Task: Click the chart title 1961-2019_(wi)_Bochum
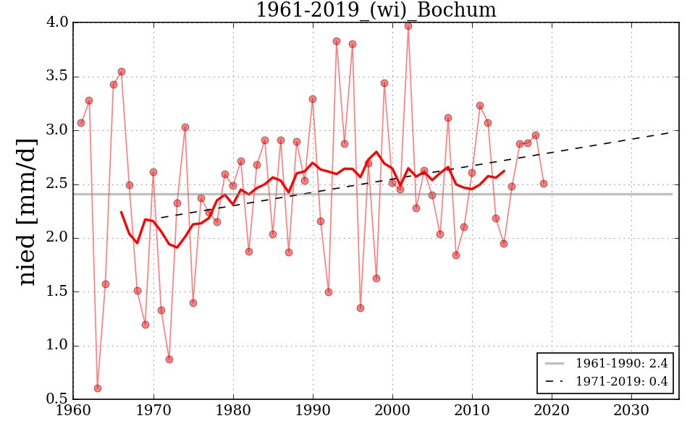click(376, 10)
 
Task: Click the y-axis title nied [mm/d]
click(27, 211)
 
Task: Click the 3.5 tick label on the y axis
click(57, 76)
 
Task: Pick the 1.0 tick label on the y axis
click(57, 346)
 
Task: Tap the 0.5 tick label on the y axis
click(57, 399)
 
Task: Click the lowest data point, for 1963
click(98, 388)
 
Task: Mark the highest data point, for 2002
click(408, 25)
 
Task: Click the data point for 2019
click(544, 184)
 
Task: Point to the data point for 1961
click(81, 123)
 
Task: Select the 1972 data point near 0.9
click(169, 359)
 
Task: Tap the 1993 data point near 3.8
click(337, 41)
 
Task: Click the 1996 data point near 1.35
click(361, 308)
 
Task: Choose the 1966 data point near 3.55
click(122, 72)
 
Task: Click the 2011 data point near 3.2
click(480, 106)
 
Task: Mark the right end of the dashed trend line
click(678, 131)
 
